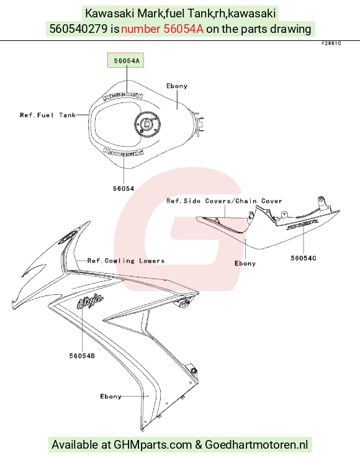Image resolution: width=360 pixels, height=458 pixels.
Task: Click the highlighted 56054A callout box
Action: pos(125,60)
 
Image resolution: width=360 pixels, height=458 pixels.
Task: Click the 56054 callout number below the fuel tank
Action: pos(124,189)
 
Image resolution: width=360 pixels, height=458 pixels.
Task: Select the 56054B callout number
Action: pos(82,356)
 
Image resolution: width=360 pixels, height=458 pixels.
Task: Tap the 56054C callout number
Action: pos(304,258)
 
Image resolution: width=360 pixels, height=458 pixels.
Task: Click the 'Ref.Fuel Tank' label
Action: pos(48,115)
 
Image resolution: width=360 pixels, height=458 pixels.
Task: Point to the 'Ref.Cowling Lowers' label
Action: pos(126,261)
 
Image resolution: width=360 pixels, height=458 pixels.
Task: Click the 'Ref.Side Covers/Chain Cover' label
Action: pos(224,201)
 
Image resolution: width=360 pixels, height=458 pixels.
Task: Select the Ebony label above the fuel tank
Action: pos(177,86)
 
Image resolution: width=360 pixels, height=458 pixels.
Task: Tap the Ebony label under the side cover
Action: pos(245,264)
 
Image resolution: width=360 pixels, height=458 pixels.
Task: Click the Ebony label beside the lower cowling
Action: pos(110,397)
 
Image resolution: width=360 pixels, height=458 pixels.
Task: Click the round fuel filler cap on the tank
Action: pos(148,124)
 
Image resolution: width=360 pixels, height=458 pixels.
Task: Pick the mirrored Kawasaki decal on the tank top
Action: pos(123,96)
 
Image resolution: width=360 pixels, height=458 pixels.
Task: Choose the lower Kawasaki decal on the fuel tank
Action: pos(124,152)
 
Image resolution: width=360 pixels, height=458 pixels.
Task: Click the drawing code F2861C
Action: pos(331,43)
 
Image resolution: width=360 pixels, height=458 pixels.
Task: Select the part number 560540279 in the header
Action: pos(79,29)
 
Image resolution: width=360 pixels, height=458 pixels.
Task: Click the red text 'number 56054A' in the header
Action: pos(162,29)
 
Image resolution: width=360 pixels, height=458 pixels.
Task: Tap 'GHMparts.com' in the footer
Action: pos(153,444)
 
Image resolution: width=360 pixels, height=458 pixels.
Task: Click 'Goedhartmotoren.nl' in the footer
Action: pos(256,444)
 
